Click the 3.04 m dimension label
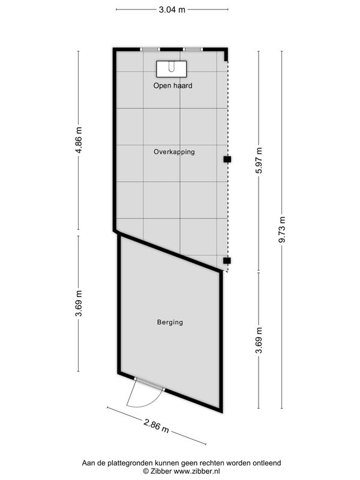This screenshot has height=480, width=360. pyautogui.click(x=172, y=10)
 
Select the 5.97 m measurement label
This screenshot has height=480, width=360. pyautogui.click(x=259, y=160)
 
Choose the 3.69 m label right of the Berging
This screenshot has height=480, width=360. pyautogui.click(x=259, y=340)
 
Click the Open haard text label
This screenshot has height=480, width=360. pyautogui.click(x=172, y=86)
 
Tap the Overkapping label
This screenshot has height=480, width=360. pyautogui.click(x=174, y=152)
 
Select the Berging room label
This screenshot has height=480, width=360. pyautogui.click(x=170, y=322)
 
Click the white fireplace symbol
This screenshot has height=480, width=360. pyautogui.click(x=172, y=68)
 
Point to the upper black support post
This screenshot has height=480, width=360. pyautogui.click(x=227, y=160)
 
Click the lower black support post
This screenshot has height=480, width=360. pyautogui.click(x=227, y=260)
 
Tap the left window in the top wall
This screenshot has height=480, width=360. pyautogui.click(x=150, y=49)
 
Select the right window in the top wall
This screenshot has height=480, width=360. pyautogui.click(x=193, y=49)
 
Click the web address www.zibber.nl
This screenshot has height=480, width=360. pyautogui.click(x=198, y=472)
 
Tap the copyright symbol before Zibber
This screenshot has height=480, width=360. pyautogui.click(x=146, y=472)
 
